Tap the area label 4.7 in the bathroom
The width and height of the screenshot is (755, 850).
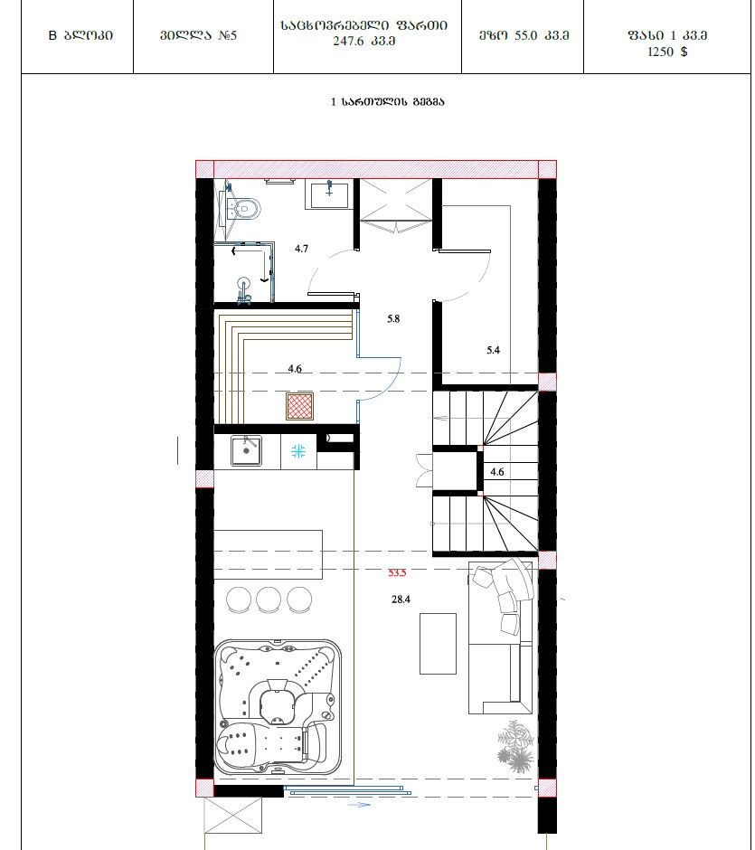301,249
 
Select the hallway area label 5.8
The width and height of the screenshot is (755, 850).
393,318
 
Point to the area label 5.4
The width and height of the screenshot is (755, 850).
493,350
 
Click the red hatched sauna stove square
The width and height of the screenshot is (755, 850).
299,407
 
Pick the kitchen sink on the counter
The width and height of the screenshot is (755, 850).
247,451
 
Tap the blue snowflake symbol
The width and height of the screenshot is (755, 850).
298,451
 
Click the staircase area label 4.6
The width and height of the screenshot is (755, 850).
497,472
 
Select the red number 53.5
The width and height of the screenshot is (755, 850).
397,572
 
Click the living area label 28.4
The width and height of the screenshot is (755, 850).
401,600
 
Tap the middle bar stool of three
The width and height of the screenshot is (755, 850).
269,600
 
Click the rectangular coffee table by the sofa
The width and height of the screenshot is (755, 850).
438,644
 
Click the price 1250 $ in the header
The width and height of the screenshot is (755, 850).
667,52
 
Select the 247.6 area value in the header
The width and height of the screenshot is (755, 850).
348,42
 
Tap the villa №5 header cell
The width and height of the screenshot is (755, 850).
198,36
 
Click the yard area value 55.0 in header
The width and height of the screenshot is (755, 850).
525,36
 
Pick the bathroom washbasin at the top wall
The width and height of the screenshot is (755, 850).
329,194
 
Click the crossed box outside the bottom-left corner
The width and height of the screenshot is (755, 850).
233,816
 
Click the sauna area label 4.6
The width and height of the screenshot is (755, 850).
294,369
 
